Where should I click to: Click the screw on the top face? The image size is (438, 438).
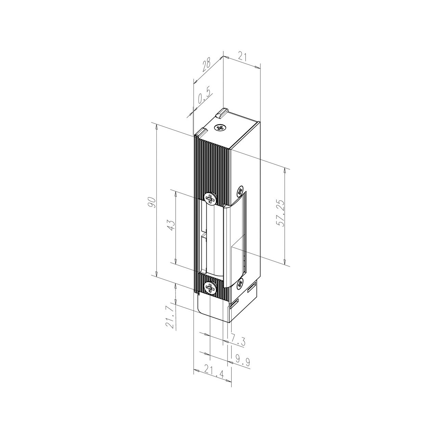pyautogui.click(x=220, y=128)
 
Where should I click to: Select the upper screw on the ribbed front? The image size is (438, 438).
pyautogui.click(x=210, y=198)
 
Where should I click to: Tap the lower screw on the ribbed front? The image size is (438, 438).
pyautogui.click(x=209, y=287)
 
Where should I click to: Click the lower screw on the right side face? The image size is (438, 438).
pyautogui.click(x=240, y=283)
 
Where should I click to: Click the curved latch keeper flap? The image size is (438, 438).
pyautogui.click(x=236, y=240)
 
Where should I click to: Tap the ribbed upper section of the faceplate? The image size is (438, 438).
pyautogui.click(x=212, y=164)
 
